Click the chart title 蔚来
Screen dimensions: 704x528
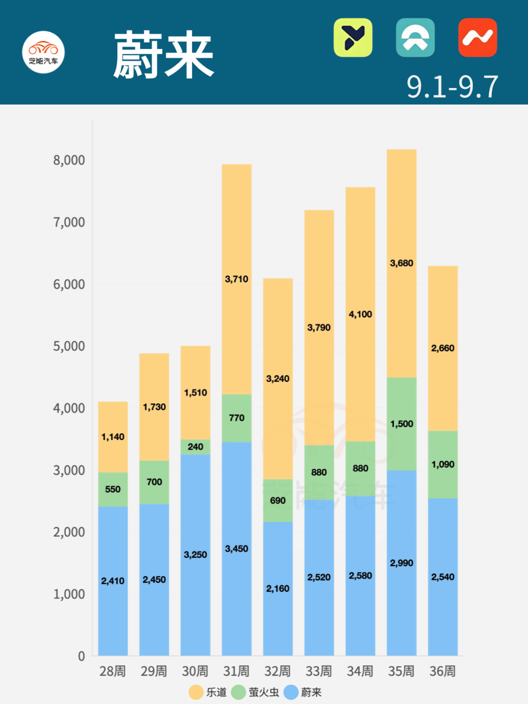pyautogui.click(x=164, y=55)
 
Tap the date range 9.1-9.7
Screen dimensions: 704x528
pyautogui.click(x=452, y=87)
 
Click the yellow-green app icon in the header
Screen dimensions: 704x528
pyautogui.click(x=353, y=38)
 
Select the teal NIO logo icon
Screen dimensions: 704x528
pyautogui.click(x=415, y=38)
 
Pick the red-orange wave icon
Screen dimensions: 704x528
pyautogui.click(x=478, y=38)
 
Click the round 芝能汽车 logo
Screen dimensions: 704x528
pyautogui.click(x=44, y=52)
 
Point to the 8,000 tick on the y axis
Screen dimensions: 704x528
pyautogui.click(x=69, y=160)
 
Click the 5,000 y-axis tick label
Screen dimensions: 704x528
pyautogui.click(x=69, y=346)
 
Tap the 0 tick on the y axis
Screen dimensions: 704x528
pyautogui.click(x=81, y=656)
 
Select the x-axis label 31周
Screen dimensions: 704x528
pyautogui.click(x=236, y=671)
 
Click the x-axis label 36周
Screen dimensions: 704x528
pyautogui.click(x=442, y=671)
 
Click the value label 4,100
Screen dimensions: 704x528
pyautogui.click(x=360, y=314)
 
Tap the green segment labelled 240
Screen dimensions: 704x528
pyautogui.click(x=196, y=447)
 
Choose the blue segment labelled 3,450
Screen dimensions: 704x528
pyautogui.click(x=237, y=549)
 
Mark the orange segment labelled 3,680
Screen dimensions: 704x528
pyautogui.click(x=401, y=263)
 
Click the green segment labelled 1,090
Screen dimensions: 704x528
pyautogui.click(x=443, y=464)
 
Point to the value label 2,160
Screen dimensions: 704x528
pyautogui.click(x=278, y=589)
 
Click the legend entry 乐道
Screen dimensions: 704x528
pyautogui.click(x=208, y=692)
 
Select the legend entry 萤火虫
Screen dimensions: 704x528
pyautogui.click(x=255, y=692)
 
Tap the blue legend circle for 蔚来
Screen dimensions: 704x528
pyautogui.click(x=291, y=692)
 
